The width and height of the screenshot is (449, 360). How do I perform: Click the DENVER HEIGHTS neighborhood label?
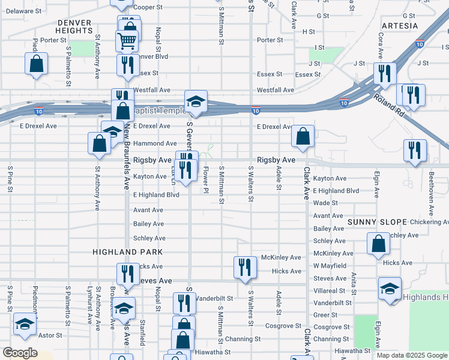[74, 26]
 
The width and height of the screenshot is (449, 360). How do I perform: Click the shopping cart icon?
[127, 41]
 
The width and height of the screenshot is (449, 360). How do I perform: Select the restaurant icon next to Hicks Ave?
[244, 267]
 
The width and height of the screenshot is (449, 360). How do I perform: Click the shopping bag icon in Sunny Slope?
[379, 245]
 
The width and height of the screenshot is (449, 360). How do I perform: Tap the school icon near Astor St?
[25, 326]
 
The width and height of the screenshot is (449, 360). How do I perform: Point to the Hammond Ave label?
[154, 144]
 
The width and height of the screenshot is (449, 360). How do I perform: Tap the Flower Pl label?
[206, 180]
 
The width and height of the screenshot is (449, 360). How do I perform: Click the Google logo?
[20, 353]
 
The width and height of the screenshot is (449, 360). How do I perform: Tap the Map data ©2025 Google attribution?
[411, 355]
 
